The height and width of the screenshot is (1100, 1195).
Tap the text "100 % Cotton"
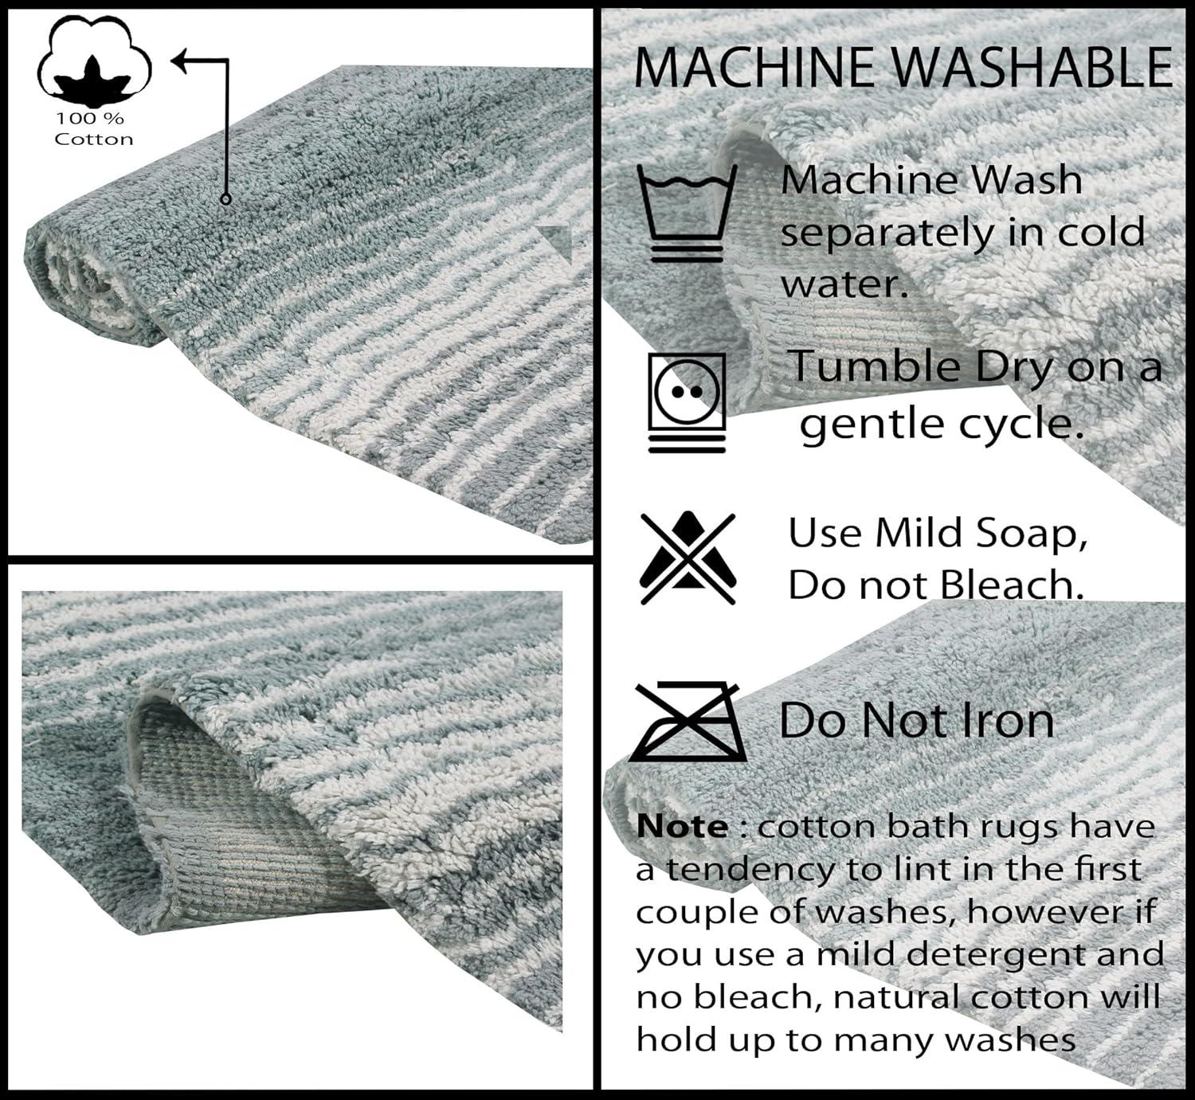point(93,129)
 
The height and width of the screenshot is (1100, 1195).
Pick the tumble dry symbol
point(687,402)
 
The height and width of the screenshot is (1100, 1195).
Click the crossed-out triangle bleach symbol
point(688,558)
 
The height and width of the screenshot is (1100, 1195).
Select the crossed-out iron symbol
point(687,721)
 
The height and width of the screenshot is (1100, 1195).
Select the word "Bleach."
point(1012,585)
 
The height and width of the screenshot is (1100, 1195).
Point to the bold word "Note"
point(682,827)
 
